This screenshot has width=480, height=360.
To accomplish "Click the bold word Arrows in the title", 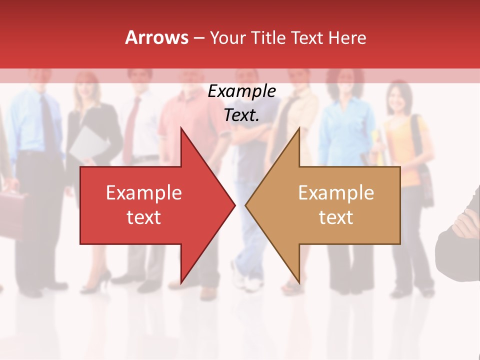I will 156,37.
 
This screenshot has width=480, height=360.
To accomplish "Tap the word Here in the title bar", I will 346,38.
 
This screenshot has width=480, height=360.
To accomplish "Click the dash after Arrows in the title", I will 198,38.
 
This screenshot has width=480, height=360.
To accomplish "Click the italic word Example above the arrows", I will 241,91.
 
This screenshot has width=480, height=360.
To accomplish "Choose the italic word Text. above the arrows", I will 241,115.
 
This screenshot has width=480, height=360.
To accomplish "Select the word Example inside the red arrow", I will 143,192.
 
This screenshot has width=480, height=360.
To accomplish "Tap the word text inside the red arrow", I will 143,217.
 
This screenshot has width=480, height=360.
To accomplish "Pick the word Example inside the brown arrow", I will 336,192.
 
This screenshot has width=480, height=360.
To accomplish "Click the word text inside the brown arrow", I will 336,217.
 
